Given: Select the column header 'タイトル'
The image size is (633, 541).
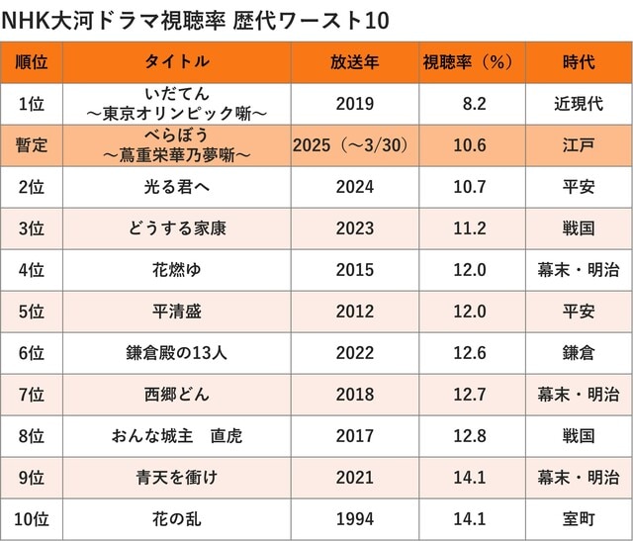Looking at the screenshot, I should point(177,62).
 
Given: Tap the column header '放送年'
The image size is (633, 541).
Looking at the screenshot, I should point(354,62).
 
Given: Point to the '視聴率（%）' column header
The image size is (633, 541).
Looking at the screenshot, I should point(468,62).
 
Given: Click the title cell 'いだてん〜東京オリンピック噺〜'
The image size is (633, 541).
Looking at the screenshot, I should point(177,104).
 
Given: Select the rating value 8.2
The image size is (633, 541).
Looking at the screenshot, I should point(474,104).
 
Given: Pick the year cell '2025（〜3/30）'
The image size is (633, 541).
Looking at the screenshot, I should point(354,145).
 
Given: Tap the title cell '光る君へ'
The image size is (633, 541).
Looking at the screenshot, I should point(177,187).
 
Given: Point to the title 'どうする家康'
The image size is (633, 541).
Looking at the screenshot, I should point(177,228).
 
